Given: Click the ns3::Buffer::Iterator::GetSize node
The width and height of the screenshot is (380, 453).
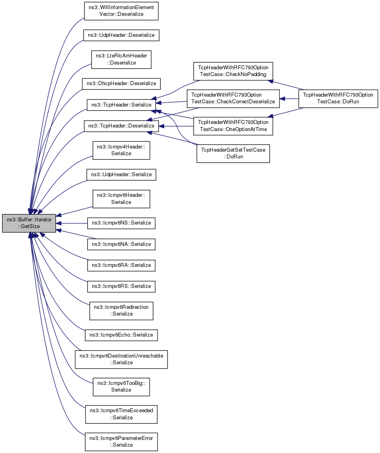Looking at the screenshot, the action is click(x=29, y=223).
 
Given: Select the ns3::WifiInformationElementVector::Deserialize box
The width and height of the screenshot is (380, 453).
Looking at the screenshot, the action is click(x=121, y=11).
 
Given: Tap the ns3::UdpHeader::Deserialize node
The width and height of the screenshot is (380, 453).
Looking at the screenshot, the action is click(x=121, y=35).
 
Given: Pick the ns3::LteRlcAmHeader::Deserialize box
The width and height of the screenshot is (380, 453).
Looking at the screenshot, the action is click(x=121, y=59).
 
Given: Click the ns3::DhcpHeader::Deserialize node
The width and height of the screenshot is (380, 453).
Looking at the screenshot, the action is click(x=121, y=84).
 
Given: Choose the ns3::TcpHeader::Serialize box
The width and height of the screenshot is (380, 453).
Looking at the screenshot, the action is click(x=121, y=105).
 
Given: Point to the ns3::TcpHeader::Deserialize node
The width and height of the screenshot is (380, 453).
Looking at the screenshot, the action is click(x=121, y=126).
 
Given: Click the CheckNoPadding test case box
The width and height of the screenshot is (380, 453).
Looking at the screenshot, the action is click(x=233, y=71).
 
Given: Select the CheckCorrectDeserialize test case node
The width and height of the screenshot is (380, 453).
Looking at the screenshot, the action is click(x=233, y=99).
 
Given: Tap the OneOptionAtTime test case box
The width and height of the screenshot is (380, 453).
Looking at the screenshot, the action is click(x=233, y=126).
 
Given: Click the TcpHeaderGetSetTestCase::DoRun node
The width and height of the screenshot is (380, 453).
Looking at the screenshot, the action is click(x=233, y=153).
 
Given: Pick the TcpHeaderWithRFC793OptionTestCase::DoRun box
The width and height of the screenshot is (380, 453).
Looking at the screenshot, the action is click(x=338, y=99).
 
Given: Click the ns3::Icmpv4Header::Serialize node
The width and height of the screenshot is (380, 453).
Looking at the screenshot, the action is click(x=121, y=150).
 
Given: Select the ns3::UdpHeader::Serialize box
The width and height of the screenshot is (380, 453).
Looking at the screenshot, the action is click(x=121, y=175).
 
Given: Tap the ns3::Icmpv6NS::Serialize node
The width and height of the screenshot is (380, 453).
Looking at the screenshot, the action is click(x=121, y=223).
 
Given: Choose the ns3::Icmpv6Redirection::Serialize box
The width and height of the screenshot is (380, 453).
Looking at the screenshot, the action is click(x=121, y=311).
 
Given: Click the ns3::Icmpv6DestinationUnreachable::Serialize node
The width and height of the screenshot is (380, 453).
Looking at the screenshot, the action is click(x=121, y=360).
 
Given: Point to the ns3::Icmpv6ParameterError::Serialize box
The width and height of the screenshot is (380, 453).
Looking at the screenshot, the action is click(x=121, y=442).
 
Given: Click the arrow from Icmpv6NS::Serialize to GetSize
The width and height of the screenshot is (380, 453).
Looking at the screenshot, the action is click(x=72, y=223).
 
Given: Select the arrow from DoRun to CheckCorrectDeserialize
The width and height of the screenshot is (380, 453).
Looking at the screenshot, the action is click(x=289, y=99).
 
